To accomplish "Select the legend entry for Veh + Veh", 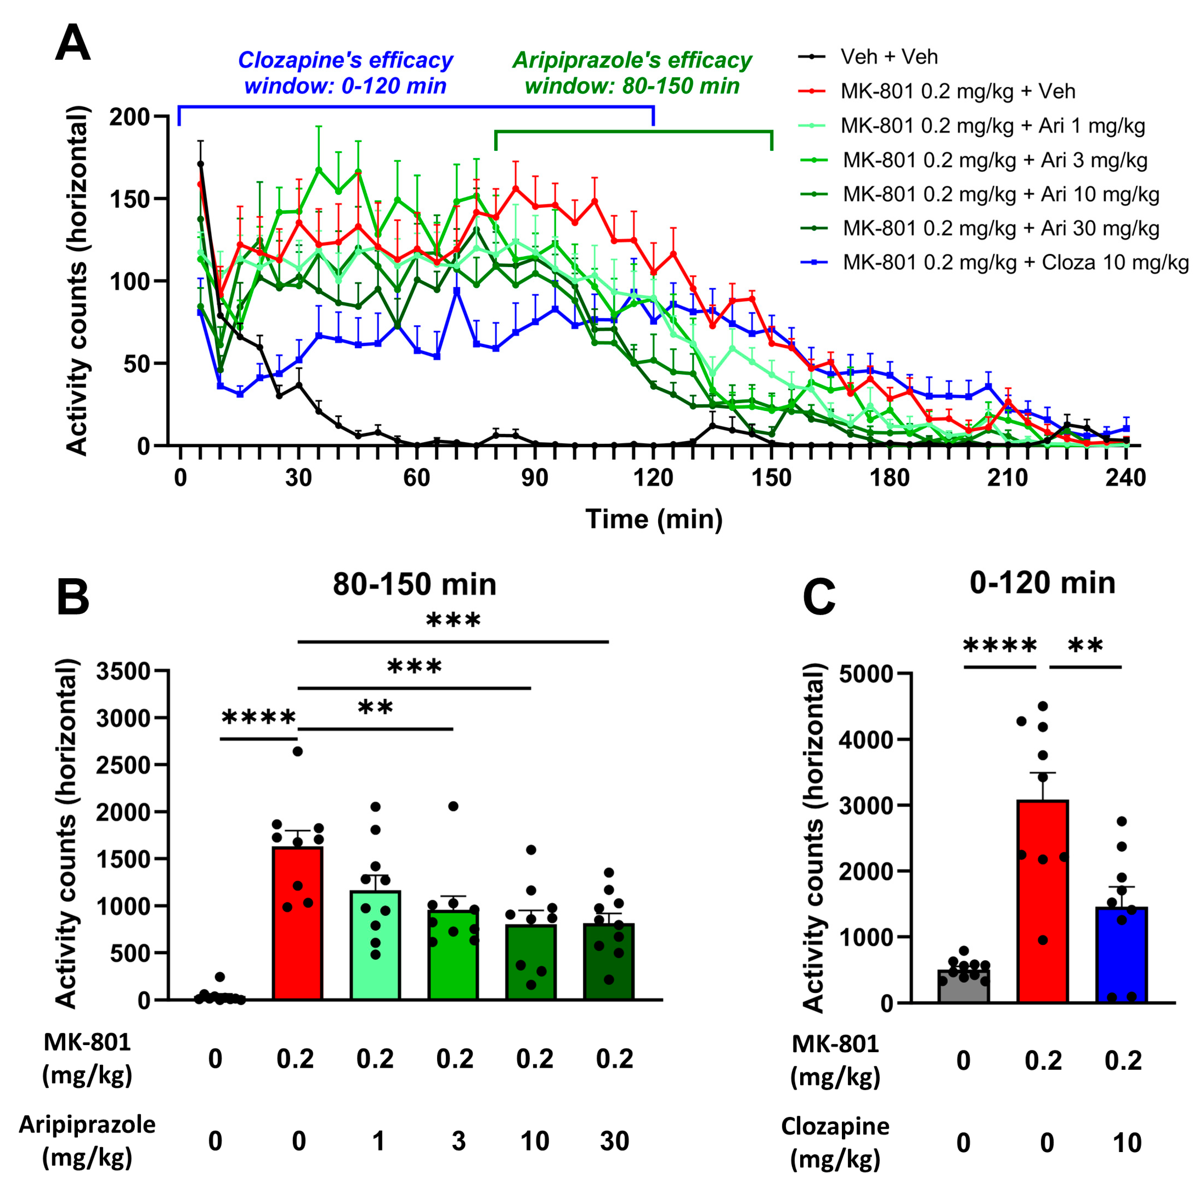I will pyautogui.click(x=888, y=57).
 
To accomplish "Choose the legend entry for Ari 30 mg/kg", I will pyautogui.click(x=1001, y=228).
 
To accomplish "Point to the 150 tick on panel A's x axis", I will pyautogui.click(x=771, y=478).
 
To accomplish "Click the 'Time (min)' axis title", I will pyautogui.click(x=654, y=519).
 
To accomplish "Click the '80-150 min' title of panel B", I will pyautogui.click(x=414, y=585).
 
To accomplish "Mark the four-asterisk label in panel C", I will pyautogui.click(x=1000, y=646).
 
